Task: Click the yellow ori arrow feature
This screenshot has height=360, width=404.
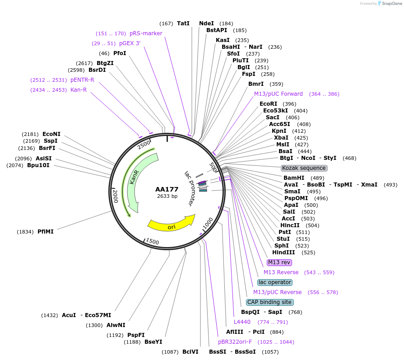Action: click(x=171, y=224)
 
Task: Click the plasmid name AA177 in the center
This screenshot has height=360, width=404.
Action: click(x=167, y=189)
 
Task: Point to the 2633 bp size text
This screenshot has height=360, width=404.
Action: click(x=167, y=196)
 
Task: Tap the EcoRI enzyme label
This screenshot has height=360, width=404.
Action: click(x=269, y=104)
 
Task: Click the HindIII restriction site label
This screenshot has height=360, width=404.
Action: click(x=283, y=252)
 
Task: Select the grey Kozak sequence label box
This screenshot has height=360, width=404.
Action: click(x=304, y=168)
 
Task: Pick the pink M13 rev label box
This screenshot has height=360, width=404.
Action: click(x=279, y=262)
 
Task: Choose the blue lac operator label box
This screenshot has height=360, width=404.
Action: click(x=275, y=282)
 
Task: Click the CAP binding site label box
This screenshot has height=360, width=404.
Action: click(x=269, y=302)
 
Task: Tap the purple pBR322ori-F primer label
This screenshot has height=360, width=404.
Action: click(x=235, y=342)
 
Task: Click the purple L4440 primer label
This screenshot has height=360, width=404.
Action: click(x=242, y=322)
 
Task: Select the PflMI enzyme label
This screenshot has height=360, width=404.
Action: click(x=46, y=232)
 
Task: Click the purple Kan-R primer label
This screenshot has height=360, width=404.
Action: click(x=79, y=90)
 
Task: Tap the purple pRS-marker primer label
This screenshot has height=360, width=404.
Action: click(x=146, y=33)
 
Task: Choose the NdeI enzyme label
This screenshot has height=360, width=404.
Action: click(x=207, y=23)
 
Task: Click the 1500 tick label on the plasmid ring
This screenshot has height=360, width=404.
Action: click(x=152, y=242)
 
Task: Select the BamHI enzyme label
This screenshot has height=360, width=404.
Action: click(x=294, y=178)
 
